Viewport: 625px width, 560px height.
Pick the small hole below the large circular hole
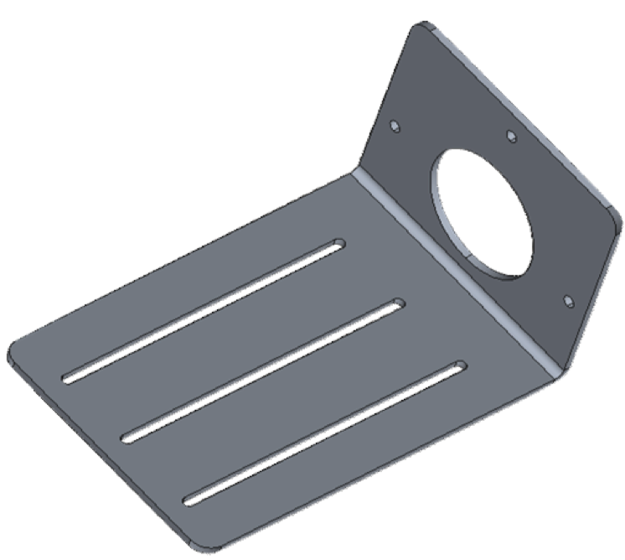click(x=568, y=300)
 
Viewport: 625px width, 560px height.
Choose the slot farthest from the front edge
click(x=204, y=310)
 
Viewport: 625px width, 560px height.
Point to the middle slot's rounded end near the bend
click(x=397, y=306)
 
